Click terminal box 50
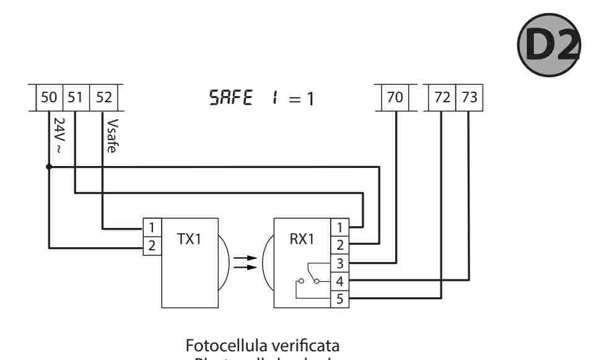pyautogui.click(x=48, y=98)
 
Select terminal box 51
pyautogui.click(x=76, y=98)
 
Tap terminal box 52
pyautogui.click(x=103, y=98)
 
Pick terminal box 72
pyautogui.click(x=442, y=98)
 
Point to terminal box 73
pyautogui.click(x=468, y=98)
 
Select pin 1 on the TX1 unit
pyautogui.click(x=152, y=227)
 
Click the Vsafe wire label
pyautogui.click(x=111, y=134)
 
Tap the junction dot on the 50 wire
pyautogui.click(x=48, y=167)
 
